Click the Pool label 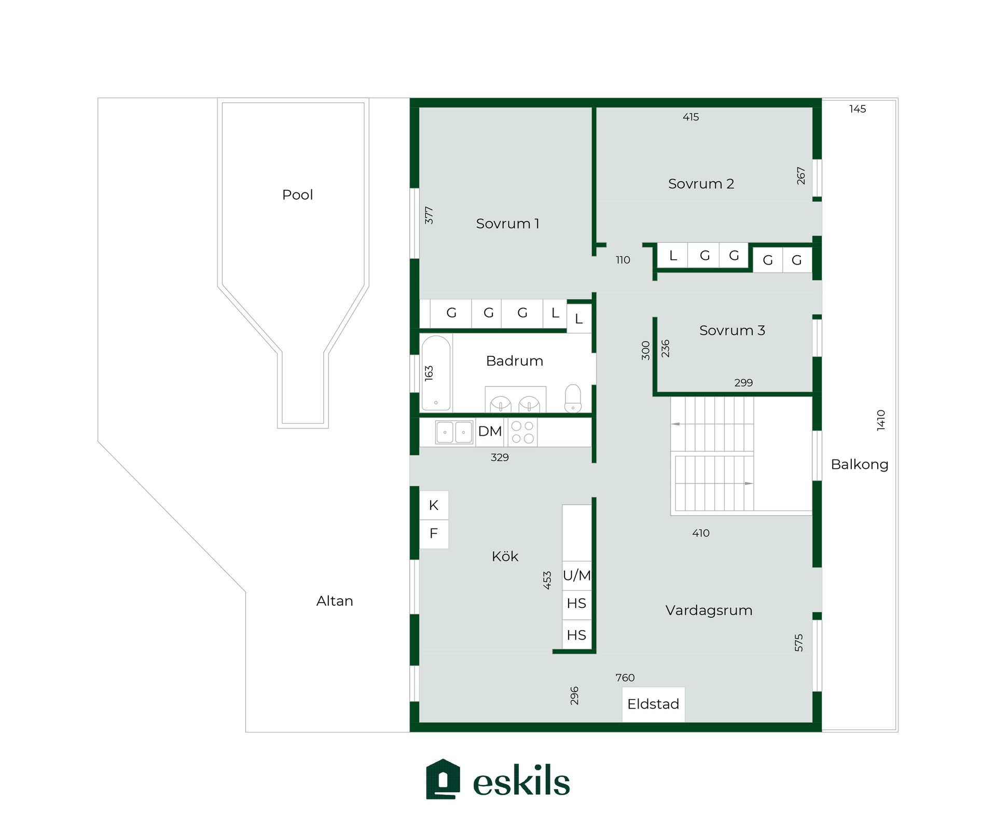(x=297, y=195)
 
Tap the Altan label (x=335, y=601)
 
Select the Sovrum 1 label (x=507, y=224)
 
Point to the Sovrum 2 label (x=701, y=184)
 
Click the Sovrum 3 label (x=732, y=330)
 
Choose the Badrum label (x=515, y=361)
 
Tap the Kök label (x=505, y=556)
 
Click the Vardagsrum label (x=709, y=611)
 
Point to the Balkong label (x=860, y=464)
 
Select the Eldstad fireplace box (x=654, y=704)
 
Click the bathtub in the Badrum (x=436, y=373)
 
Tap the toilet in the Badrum (x=573, y=398)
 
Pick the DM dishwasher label (x=490, y=431)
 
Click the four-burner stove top (x=522, y=432)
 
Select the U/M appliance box (x=577, y=575)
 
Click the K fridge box (x=434, y=505)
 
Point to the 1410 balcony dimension (x=881, y=420)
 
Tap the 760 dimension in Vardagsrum (x=625, y=677)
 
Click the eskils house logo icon (x=443, y=779)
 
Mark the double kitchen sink (x=454, y=432)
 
